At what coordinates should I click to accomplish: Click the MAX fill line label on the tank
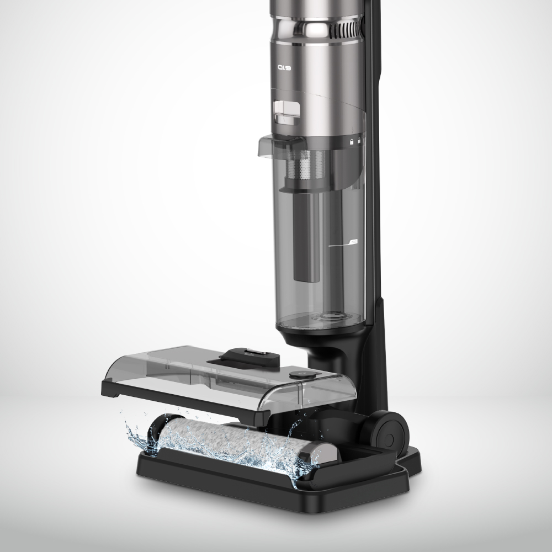click(353, 242)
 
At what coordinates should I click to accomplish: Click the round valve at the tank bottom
click(330, 319)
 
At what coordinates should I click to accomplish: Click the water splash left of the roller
click(135, 433)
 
